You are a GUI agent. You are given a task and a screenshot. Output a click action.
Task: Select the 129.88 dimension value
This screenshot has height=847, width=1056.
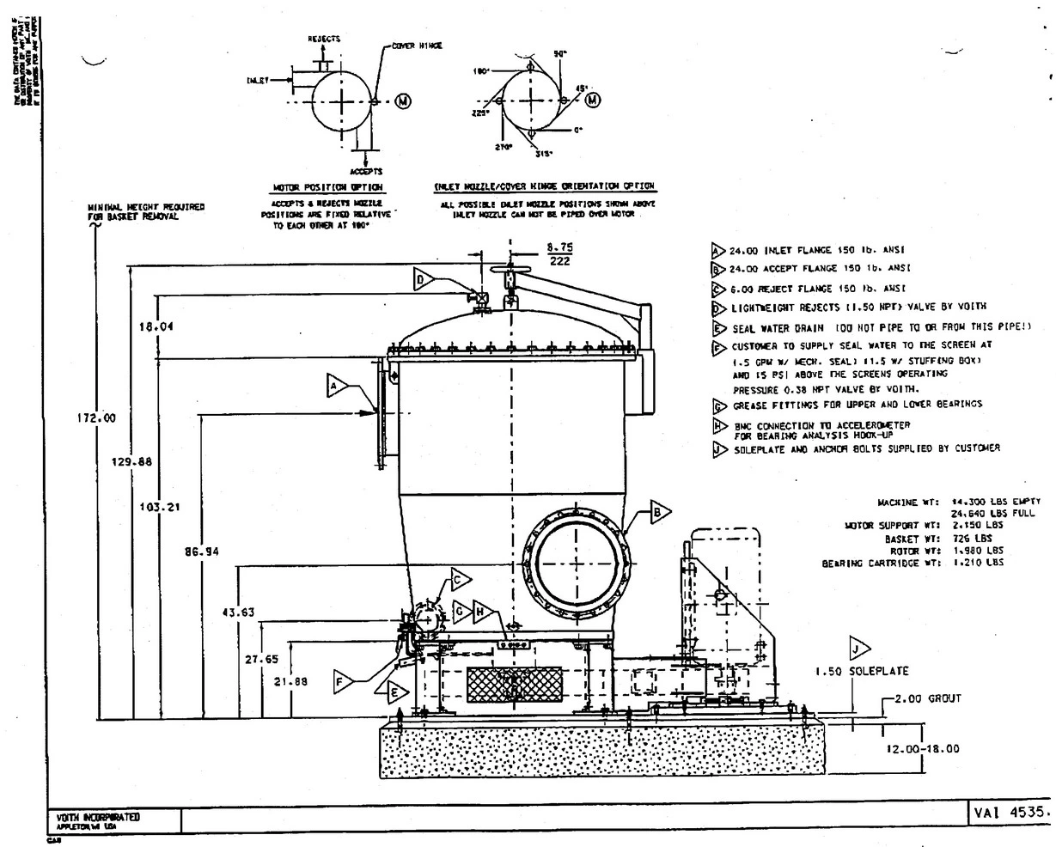132,461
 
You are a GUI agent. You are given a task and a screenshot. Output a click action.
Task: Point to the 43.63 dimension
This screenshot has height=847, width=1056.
238,612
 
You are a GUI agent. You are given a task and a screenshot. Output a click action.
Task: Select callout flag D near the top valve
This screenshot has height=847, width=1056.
424,279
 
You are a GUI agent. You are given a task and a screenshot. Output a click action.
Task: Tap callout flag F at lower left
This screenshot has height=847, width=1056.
344,681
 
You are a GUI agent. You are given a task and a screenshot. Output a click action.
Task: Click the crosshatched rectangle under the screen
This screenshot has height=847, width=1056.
514,688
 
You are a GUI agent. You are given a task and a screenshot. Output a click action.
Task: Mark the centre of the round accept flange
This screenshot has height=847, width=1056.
577,564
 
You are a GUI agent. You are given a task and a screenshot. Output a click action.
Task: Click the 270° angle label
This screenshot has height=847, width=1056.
504,148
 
